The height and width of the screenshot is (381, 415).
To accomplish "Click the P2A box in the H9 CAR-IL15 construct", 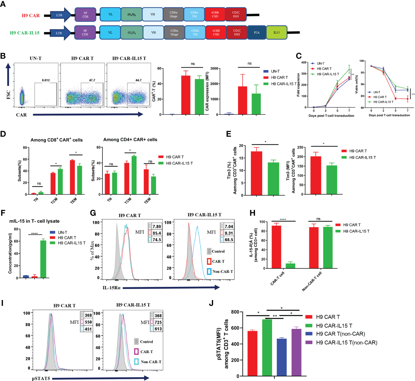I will point(257,32).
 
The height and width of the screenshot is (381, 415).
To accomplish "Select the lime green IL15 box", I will point(277,32).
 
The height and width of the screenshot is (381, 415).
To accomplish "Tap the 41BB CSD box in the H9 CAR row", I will point(215,15).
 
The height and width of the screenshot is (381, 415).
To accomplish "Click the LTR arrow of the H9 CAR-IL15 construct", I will point(60,33).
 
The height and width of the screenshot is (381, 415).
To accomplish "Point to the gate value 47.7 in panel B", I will point(92,80).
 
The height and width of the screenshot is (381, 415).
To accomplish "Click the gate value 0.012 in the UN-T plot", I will point(46,80).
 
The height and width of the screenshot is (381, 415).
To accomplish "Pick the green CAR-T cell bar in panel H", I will point(290,266).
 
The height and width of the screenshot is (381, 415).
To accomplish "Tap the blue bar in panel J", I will point(282,357).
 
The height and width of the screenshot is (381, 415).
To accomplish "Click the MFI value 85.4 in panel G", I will point(157,233).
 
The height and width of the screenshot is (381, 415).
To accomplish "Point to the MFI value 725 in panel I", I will point(158,322).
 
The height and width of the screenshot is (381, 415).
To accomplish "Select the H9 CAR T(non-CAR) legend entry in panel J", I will point(340,334).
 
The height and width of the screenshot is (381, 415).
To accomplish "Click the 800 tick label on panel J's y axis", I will point(235,312).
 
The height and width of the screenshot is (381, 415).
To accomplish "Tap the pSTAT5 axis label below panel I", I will point(41,378).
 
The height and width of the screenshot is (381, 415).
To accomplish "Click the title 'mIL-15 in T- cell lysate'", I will point(34,221).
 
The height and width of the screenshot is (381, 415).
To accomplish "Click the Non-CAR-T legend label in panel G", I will point(222,271).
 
